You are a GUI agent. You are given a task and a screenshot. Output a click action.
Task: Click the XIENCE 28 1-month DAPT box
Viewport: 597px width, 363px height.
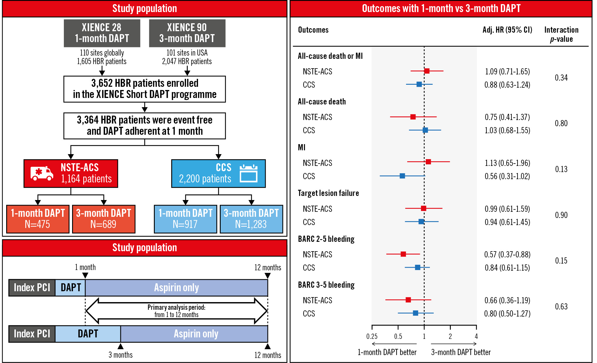pyautogui.click(x=102, y=33)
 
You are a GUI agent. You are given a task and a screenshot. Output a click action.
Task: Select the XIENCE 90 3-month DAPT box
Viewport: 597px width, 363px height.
pyautogui.click(x=187, y=33)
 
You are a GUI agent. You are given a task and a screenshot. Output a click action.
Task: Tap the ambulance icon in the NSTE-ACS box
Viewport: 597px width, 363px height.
pyautogui.click(x=42, y=173)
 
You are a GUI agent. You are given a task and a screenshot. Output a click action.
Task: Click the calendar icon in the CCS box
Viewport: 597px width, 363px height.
pyautogui.click(x=249, y=173)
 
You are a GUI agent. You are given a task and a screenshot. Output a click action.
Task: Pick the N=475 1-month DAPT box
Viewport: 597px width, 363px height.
pyautogui.click(x=38, y=219)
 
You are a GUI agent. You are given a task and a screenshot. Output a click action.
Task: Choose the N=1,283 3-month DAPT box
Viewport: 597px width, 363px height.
pyautogui.click(x=251, y=219)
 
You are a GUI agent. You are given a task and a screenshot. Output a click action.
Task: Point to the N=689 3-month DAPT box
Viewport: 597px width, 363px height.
pyautogui.click(x=104, y=219)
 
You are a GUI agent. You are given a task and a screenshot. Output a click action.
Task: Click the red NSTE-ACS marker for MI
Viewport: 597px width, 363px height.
pyautogui.click(x=428, y=162)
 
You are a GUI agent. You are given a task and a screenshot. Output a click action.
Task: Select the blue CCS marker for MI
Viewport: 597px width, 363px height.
pyautogui.click(x=402, y=176)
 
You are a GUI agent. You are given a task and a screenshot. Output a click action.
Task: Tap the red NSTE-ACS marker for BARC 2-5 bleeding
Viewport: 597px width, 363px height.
pyautogui.click(x=403, y=254)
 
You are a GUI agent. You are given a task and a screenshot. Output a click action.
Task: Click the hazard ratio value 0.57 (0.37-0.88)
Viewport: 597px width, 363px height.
pyautogui.click(x=507, y=254)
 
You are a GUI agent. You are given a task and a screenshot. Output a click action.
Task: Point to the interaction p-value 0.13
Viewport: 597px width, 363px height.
pyautogui.click(x=561, y=169)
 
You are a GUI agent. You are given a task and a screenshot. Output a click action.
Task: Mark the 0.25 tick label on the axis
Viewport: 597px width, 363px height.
pyautogui.click(x=372, y=336)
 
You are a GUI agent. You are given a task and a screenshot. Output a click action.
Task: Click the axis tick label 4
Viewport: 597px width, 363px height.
pyautogui.click(x=476, y=336)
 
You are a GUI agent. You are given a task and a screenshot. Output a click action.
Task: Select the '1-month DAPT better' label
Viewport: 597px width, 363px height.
pyautogui.click(x=387, y=352)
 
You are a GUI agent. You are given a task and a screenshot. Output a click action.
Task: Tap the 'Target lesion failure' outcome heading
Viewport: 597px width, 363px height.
pyautogui.click(x=328, y=193)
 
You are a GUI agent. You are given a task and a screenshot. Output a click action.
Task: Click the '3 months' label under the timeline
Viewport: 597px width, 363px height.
pyautogui.click(x=121, y=355)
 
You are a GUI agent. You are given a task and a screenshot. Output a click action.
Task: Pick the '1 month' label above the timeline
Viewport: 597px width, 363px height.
pyautogui.click(x=85, y=267)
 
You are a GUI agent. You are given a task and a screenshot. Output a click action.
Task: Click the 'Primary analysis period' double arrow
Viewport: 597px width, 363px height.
pyautogui.click(x=177, y=311)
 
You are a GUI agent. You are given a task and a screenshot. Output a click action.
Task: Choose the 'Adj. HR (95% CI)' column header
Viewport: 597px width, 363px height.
pyautogui.click(x=507, y=30)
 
